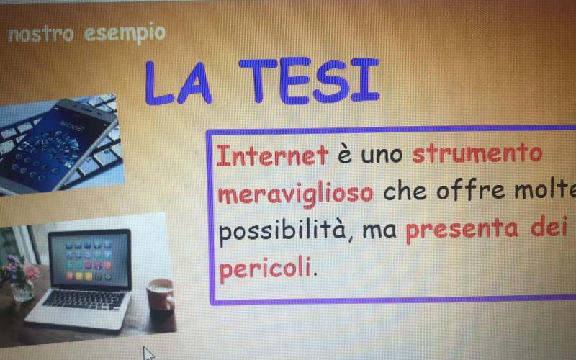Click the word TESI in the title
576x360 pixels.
pos(309,80)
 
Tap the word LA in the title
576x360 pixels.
pos(179,83)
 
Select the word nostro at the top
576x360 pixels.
pos(41,35)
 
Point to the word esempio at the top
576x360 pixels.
pos(125,34)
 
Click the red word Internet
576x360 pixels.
pos(272,156)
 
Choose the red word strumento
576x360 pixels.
pos(477,154)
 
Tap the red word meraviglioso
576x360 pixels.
pos(296,194)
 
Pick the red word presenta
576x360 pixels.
pos(462,230)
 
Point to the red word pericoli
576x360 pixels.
pos(266,268)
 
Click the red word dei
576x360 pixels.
pos(549,227)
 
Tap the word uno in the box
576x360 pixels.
pos(382,156)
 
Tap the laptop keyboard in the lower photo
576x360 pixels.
pos(84,300)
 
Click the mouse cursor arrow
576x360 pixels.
pos(148,353)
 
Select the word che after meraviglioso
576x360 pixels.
pos(405,192)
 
